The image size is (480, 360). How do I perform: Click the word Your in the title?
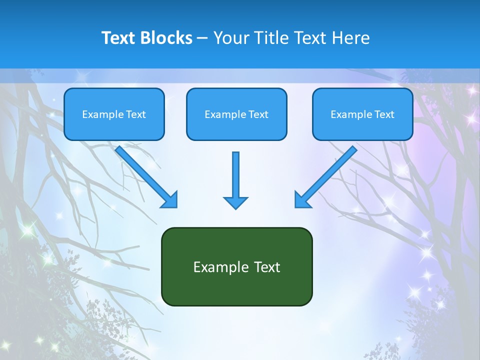tap(228, 38)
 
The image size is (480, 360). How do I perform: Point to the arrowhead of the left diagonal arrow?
tap(170, 199)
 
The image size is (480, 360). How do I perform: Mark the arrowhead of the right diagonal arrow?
tap(302, 199)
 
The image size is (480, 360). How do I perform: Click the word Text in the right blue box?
tap(384, 114)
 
